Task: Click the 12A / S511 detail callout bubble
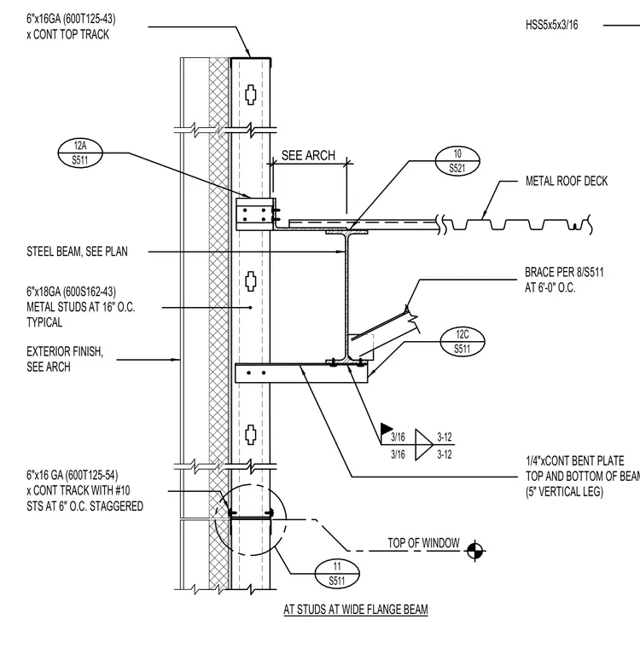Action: point(80,153)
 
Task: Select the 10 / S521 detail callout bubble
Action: point(457,161)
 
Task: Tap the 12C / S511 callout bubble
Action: point(463,342)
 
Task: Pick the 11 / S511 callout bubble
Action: point(337,574)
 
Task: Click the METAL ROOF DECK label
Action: point(567,181)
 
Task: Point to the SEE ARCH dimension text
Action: point(308,155)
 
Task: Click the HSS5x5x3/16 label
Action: point(551,25)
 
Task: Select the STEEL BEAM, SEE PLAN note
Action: point(77,252)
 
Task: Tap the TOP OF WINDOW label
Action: point(423,542)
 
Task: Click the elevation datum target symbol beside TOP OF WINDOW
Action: point(475,551)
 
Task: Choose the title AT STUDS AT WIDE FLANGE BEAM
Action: point(355,610)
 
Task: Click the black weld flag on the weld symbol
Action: point(387,429)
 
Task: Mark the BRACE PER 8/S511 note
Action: point(564,280)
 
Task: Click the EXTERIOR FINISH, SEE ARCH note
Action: point(65,359)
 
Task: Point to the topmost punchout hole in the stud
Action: point(251,95)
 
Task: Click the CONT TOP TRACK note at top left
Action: point(71,26)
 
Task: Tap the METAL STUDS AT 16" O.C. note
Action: point(81,307)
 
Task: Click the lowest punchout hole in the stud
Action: point(251,434)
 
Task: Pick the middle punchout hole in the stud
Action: point(251,281)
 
